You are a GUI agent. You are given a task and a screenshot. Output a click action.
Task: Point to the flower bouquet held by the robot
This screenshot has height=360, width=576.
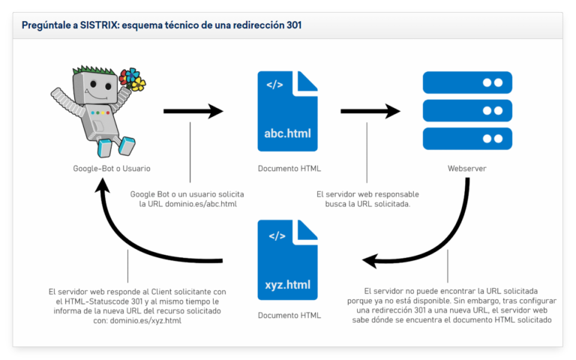[133, 79]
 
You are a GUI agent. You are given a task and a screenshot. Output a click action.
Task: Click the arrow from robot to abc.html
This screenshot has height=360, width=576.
[193, 112]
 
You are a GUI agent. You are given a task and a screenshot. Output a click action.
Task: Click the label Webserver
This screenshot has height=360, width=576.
[466, 169]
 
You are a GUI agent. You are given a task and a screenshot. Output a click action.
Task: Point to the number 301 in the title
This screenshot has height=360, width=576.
[292, 25]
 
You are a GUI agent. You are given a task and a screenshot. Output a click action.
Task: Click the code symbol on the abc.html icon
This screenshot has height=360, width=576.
[274, 84]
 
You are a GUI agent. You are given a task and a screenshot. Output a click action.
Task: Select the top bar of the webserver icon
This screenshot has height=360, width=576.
[466, 82]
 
